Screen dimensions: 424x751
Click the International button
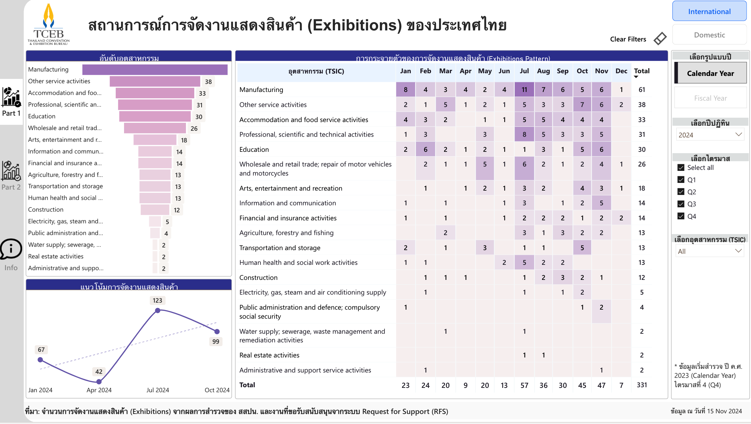click(709, 11)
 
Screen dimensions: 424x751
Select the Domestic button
click(709, 35)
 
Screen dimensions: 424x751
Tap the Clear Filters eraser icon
click(660, 39)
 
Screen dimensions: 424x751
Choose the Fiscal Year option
click(710, 98)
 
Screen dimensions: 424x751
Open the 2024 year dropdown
click(710, 135)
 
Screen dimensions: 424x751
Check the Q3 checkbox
click(681, 204)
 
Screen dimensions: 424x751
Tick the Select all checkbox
click(681, 168)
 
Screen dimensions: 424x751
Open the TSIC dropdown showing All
click(710, 251)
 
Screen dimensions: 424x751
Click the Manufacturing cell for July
click(524, 90)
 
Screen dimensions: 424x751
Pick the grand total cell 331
click(642, 385)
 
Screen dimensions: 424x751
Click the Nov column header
click(601, 71)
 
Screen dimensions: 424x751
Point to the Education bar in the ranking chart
click(155, 116)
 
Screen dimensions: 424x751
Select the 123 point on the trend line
click(158, 310)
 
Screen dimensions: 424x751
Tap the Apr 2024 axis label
click(99, 390)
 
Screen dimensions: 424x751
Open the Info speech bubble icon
click(11, 249)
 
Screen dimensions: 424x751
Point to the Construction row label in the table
click(258, 278)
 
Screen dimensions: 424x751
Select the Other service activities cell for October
click(582, 105)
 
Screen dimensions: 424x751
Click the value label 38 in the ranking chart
click(208, 82)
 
